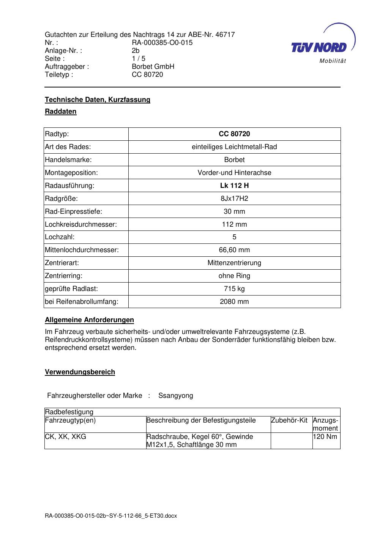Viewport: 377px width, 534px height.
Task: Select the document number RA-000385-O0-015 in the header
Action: pyautogui.click(x=162, y=43)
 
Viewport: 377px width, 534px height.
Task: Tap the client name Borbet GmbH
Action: pyautogui.click(x=153, y=67)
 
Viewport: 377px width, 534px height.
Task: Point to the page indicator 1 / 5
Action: pyautogui.click(x=139, y=59)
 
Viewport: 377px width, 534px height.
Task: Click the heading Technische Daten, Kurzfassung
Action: pyautogui.click(x=98, y=100)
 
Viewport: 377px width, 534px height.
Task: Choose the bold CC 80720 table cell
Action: pyautogui.click(x=234, y=134)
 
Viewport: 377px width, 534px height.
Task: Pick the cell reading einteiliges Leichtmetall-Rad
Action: pyautogui.click(x=234, y=147)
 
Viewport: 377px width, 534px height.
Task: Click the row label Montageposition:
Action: pyautogui.click(x=71, y=173)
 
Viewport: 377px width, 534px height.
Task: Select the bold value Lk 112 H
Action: pyautogui.click(x=234, y=186)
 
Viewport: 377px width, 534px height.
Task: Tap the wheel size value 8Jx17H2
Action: pyautogui.click(x=234, y=199)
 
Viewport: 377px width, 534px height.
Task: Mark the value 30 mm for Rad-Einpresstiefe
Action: pyautogui.click(x=234, y=211)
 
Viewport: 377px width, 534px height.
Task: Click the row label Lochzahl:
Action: pyautogui.click(x=60, y=237)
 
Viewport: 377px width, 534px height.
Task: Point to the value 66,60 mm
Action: pyautogui.click(x=234, y=250)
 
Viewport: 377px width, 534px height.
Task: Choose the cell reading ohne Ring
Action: pyautogui.click(x=234, y=276)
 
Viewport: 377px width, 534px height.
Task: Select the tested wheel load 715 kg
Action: pyautogui.click(x=234, y=289)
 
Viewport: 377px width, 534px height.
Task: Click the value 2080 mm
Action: pyautogui.click(x=234, y=302)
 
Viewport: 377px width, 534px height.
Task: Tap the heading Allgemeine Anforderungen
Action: pyautogui.click(x=89, y=320)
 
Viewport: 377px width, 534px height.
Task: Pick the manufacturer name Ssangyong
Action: pyautogui.click(x=176, y=396)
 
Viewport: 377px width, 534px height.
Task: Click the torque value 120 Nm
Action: pyautogui.click(x=325, y=437)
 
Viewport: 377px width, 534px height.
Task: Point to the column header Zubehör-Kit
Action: pyautogui.click(x=289, y=420)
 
